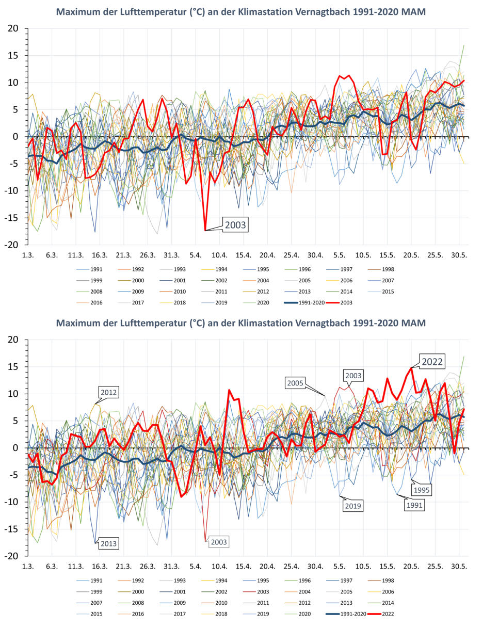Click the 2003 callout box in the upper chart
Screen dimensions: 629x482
(x=235, y=225)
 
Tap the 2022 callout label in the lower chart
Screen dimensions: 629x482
(x=432, y=361)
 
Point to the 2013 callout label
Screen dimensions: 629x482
(x=109, y=543)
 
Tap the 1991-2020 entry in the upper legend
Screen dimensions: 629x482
(x=306, y=302)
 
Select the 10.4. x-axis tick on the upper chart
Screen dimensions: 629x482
(x=219, y=255)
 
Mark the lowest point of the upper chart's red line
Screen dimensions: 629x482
(x=205, y=230)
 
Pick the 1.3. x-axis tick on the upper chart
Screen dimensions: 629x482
(x=28, y=255)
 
